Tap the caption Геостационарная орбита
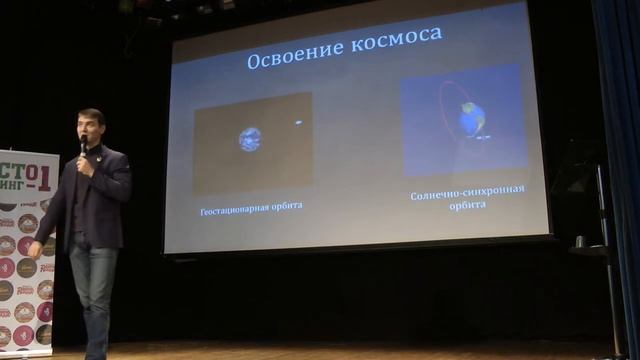point(251,205)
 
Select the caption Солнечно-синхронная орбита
point(467,195)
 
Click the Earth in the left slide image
point(250,139)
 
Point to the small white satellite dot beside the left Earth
point(297,123)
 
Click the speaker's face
point(91,131)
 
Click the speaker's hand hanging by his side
point(34,249)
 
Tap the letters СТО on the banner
point(15,165)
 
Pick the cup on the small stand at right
point(580,241)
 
